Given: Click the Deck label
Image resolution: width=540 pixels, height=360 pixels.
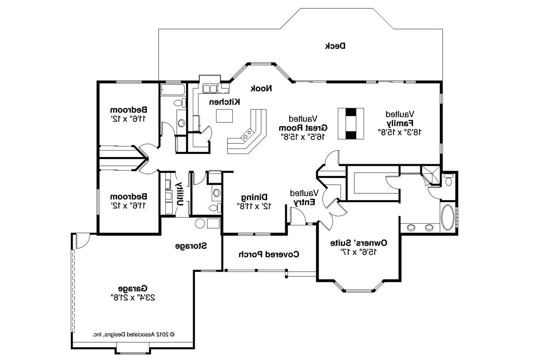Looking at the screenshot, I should [x=335, y=46].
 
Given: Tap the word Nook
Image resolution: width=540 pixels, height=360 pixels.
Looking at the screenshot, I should [x=262, y=88].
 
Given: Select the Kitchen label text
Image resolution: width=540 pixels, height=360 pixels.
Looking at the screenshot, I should [x=225, y=102].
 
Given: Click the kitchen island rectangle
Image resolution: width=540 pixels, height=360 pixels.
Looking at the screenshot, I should [x=224, y=115].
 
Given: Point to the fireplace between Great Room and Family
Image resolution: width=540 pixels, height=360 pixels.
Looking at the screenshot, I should [x=351, y=123].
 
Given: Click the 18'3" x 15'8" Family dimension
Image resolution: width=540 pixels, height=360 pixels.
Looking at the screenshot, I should [x=400, y=132].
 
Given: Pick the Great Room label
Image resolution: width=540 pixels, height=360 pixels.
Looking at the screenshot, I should [x=303, y=127].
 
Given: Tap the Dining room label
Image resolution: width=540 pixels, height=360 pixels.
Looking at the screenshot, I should [x=254, y=197].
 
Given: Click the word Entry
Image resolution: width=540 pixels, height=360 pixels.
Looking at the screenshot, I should [x=305, y=202].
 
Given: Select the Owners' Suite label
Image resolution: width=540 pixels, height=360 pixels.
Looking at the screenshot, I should [x=359, y=243].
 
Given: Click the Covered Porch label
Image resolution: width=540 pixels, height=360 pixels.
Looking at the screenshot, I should [x=269, y=254].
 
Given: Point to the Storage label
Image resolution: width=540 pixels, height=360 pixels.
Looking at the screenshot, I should [x=191, y=246].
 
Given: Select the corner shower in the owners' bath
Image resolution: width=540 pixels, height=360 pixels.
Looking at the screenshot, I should [x=429, y=174].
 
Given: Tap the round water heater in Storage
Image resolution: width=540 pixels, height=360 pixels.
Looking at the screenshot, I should [x=200, y=224].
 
